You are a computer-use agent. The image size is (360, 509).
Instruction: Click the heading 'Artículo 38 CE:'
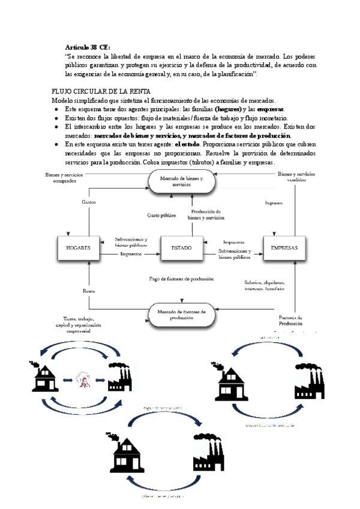(88, 46)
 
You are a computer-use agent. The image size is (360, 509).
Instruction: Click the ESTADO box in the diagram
(181, 247)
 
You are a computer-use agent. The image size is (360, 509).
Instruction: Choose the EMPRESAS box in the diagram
(284, 247)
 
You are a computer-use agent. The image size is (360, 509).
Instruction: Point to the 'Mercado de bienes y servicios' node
(181, 182)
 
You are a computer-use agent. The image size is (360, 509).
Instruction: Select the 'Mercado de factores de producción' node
(181, 315)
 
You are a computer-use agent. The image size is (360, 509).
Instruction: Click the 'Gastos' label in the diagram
(89, 203)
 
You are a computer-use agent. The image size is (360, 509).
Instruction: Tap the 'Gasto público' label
(161, 215)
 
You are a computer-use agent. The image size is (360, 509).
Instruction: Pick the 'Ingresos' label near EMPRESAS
(275, 203)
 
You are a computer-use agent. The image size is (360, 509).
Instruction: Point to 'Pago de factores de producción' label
(182, 279)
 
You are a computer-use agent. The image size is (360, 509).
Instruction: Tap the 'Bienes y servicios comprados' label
(61, 176)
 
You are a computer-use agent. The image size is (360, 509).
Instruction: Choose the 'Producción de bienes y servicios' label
(206, 215)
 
